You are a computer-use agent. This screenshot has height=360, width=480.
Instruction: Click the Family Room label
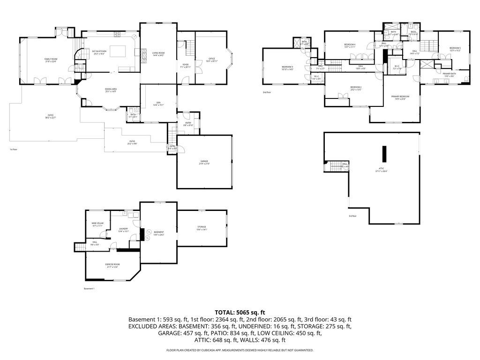(x=51, y=60)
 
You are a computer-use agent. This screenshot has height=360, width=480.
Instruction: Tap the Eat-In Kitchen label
(x=99, y=52)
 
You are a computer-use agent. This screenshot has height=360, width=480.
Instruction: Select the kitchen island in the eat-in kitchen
(x=118, y=50)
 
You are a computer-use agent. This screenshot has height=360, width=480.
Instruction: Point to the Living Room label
(x=158, y=54)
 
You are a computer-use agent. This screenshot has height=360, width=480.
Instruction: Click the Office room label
(x=212, y=60)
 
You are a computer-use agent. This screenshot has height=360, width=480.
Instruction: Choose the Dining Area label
(x=111, y=90)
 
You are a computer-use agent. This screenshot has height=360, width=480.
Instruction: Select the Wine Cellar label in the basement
(x=97, y=225)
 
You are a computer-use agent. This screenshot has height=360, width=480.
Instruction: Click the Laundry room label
(x=123, y=230)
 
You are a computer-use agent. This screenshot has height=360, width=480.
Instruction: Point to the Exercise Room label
(x=112, y=266)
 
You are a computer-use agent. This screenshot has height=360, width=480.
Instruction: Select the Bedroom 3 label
(x=287, y=68)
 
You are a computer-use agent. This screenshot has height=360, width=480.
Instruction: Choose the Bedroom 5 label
(x=455, y=49)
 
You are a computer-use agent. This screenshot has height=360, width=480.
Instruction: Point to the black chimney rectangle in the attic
(x=384, y=153)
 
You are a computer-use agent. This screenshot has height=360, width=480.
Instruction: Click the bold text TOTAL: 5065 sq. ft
(x=240, y=312)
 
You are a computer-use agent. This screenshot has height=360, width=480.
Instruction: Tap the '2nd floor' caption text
(x=267, y=92)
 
